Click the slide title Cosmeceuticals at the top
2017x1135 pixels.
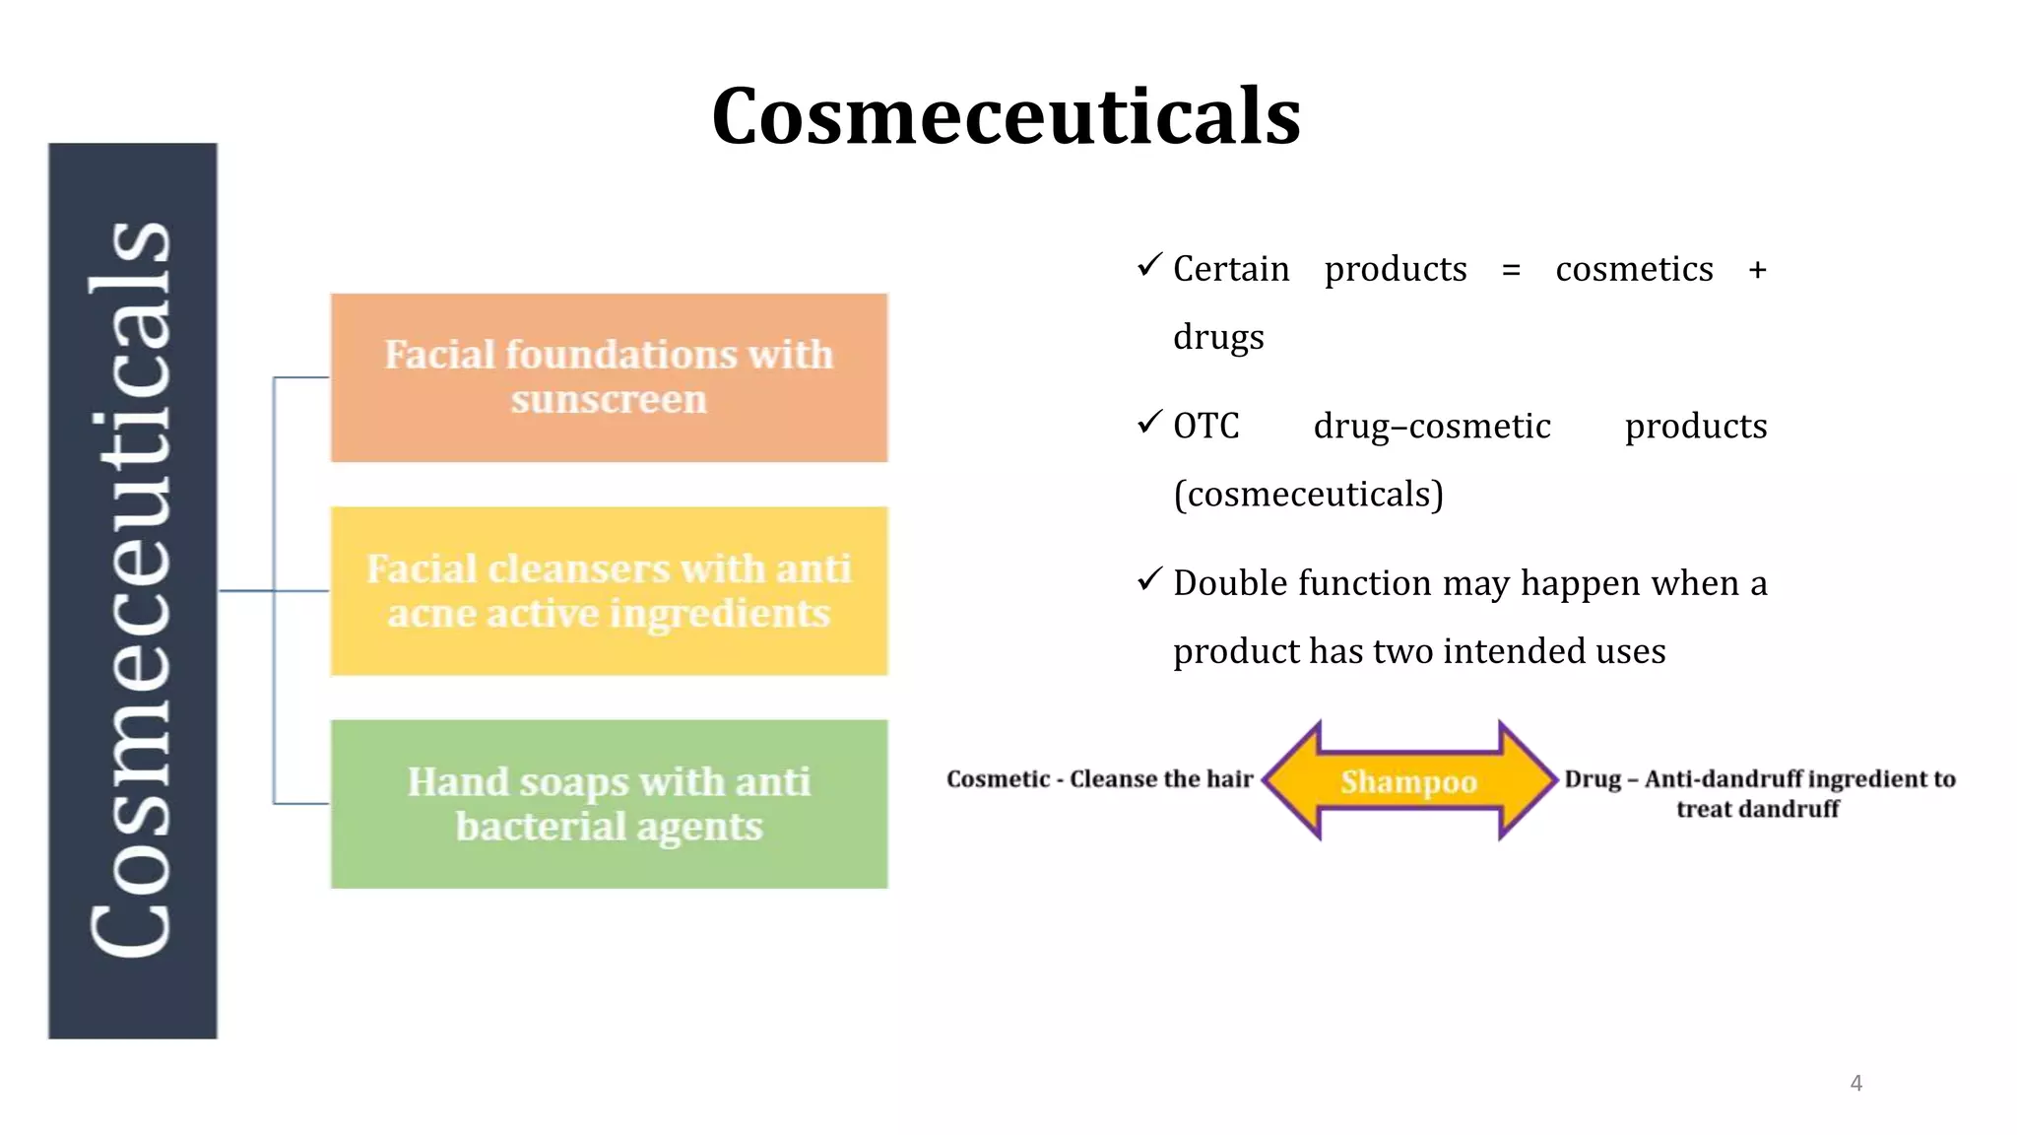(1006, 116)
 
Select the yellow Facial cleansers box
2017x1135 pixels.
(609, 591)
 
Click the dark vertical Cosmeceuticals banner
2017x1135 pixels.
(132, 591)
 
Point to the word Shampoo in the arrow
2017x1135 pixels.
(1408, 781)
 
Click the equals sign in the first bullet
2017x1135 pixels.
(1511, 270)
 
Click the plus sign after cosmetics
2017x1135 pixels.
(1757, 270)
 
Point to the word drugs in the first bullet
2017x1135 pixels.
(1218, 337)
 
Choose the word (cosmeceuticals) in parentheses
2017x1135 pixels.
(1308, 494)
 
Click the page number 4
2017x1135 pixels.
(1855, 1083)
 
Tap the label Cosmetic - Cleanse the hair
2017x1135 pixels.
(1099, 779)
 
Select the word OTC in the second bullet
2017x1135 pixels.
(1205, 427)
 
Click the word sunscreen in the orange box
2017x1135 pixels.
(609, 400)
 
